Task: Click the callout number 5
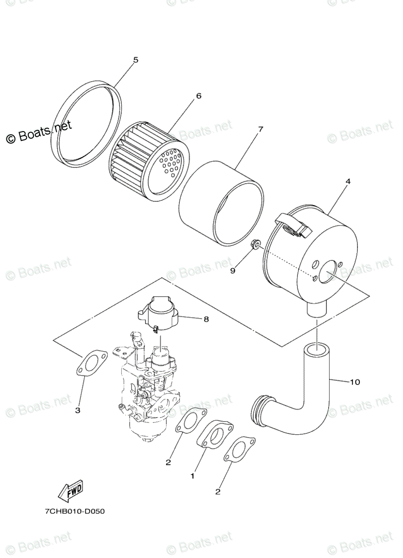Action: tap(136, 60)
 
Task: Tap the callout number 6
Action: tap(198, 96)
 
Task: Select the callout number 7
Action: tap(260, 129)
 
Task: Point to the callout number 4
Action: tap(348, 182)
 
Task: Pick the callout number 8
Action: tap(206, 319)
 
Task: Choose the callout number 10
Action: tap(355, 382)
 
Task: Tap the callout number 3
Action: tap(78, 410)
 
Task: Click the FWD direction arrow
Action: tap(70, 490)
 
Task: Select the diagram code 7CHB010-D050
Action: tap(75, 511)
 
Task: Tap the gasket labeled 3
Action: tap(92, 363)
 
